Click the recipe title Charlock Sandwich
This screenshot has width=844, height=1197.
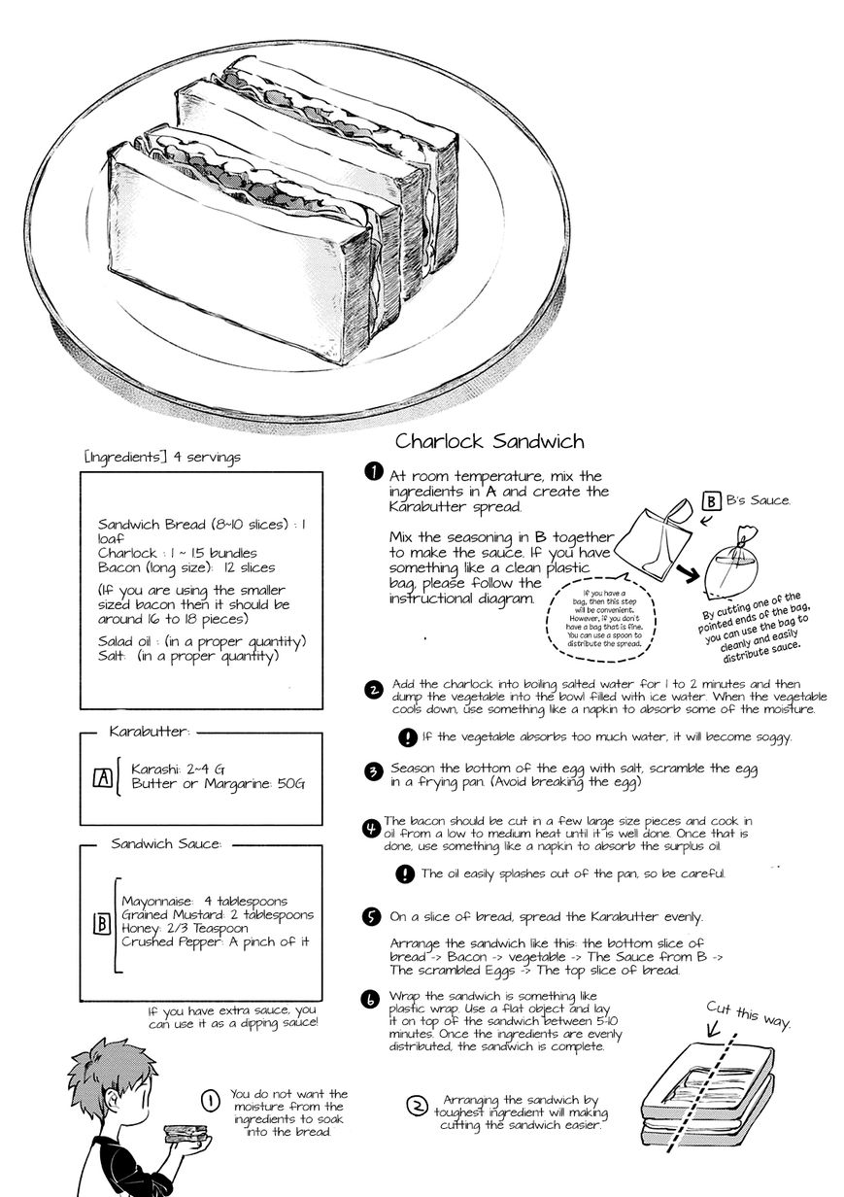(x=490, y=441)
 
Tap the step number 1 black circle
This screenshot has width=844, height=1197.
(x=372, y=472)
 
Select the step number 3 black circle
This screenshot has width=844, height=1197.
(x=372, y=772)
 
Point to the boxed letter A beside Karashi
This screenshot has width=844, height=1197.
(x=101, y=777)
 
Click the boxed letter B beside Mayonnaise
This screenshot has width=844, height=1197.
(x=101, y=924)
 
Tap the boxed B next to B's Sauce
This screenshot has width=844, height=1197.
(x=711, y=501)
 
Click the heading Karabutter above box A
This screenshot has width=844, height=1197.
(x=150, y=730)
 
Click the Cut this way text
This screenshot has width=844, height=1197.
(x=749, y=1014)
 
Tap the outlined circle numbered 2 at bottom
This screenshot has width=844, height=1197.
(x=417, y=1106)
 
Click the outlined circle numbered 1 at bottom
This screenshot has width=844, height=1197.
(x=209, y=1100)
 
